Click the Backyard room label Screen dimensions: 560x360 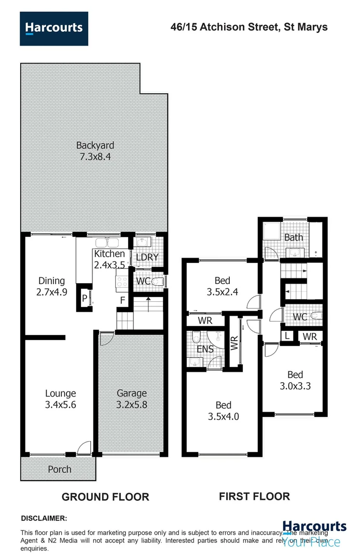95,145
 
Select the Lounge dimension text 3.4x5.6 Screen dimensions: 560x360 61,405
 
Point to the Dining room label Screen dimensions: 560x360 51,281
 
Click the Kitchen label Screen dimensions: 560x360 109,254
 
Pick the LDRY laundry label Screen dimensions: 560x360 147,257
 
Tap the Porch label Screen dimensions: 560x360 60,469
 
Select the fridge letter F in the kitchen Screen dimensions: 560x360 122,300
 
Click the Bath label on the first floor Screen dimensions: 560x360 294,237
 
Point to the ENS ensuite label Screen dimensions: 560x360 206,349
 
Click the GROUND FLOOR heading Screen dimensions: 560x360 105,497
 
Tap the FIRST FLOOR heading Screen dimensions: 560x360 254,496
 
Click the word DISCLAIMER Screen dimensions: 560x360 44,518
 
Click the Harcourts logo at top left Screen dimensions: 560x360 54,28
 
